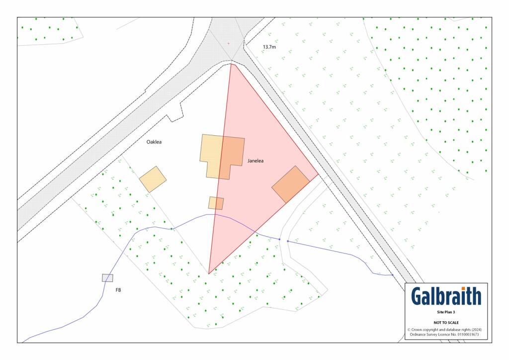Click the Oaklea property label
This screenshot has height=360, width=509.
coord(154,142)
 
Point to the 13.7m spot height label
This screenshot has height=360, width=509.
coord(270,47)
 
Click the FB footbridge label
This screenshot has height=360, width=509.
coord(118,289)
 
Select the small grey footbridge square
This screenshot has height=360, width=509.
coord(107,278)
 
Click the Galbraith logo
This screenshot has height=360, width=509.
coord(446,296)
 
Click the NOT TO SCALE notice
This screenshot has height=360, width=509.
coord(446,323)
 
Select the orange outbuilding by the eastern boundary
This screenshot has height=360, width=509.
coord(291,184)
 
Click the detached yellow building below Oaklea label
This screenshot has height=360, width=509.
coord(153,179)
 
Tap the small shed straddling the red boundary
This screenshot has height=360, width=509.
coord(216,203)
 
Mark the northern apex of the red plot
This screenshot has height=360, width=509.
coord(231,64)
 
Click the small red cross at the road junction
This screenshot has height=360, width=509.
coord(229,43)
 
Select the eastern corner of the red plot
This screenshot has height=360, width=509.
coord(318,175)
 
